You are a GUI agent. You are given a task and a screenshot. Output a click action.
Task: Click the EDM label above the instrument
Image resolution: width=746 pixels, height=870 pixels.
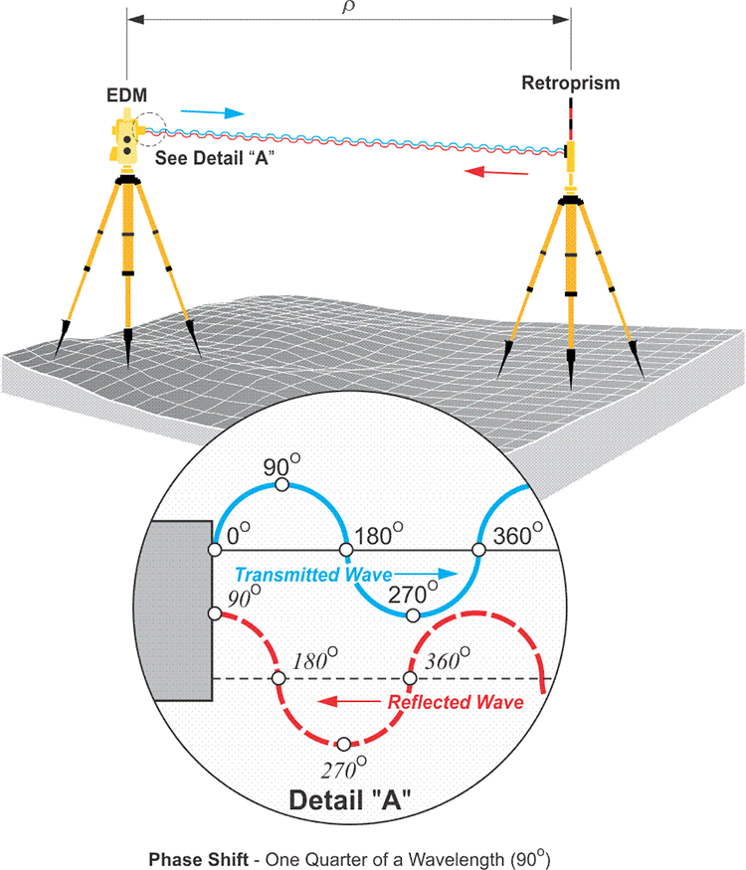(127, 95)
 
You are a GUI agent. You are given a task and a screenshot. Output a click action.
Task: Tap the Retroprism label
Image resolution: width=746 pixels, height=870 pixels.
(571, 83)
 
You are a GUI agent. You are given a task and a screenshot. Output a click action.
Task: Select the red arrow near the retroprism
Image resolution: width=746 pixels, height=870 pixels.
(498, 172)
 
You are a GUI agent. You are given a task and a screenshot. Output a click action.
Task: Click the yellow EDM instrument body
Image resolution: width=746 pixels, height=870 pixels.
(127, 144)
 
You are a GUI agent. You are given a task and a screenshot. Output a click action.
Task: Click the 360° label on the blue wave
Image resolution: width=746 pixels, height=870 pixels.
(516, 536)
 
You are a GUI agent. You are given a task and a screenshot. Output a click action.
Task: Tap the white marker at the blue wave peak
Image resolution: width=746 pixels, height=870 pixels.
(281, 484)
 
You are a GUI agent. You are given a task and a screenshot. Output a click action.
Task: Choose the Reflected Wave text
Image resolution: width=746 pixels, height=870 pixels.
(456, 702)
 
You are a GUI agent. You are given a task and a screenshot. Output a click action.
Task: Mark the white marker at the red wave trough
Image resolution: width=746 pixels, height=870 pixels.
(344, 744)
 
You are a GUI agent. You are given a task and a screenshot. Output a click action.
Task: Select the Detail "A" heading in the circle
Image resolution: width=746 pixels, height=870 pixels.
(344, 800)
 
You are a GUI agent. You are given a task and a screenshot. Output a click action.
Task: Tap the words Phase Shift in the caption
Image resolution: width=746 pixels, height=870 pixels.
(188, 856)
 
